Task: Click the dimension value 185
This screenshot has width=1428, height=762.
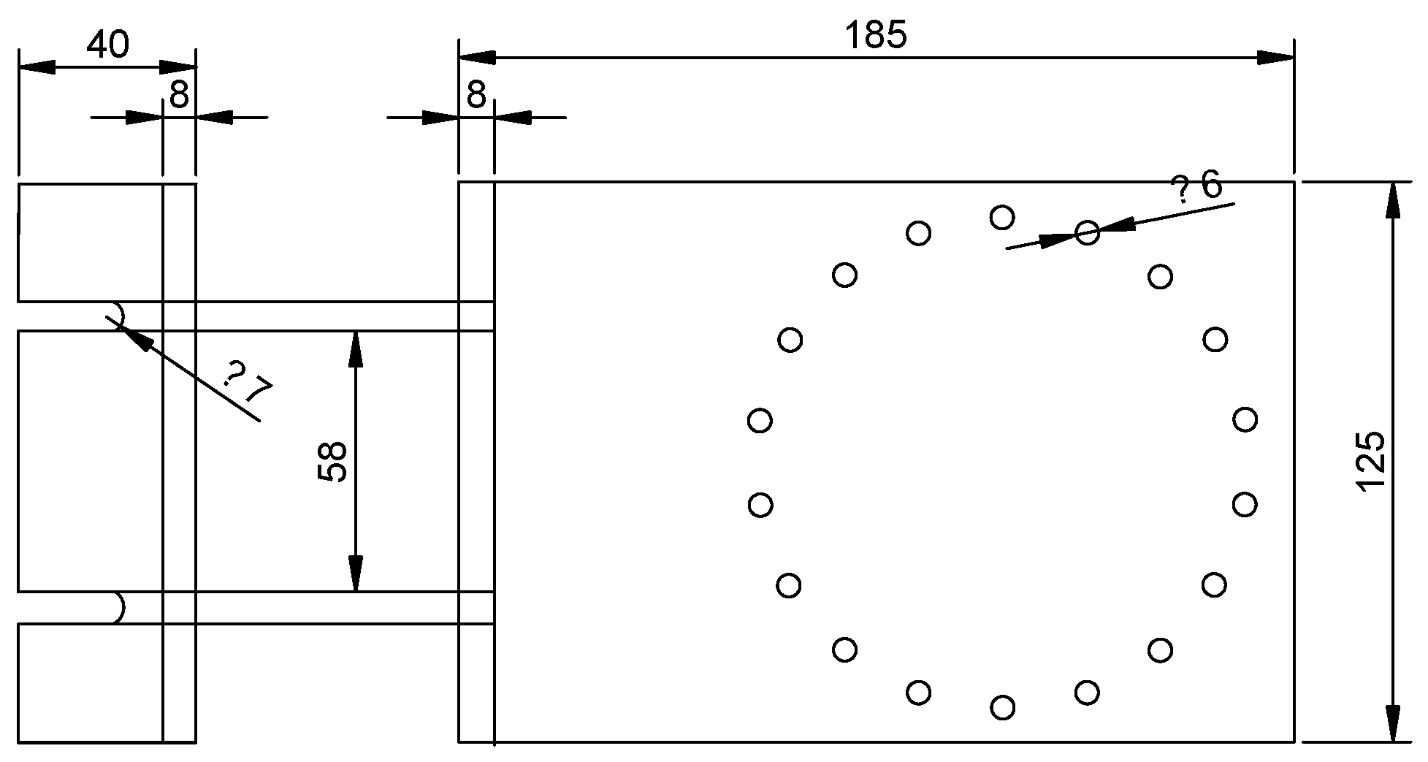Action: click(x=876, y=34)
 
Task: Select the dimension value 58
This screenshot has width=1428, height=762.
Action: click(x=332, y=461)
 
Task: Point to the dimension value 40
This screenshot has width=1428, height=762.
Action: click(x=107, y=45)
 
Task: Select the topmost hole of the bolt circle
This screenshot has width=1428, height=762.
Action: click(x=1002, y=217)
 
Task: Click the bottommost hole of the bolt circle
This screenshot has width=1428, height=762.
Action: click(x=1003, y=707)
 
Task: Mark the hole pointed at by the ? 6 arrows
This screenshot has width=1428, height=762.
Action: click(x=1087, y=233)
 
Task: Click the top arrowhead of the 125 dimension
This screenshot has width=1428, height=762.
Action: click(x=1392, y=199)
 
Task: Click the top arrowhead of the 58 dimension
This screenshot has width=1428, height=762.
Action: click(x=356, y=348)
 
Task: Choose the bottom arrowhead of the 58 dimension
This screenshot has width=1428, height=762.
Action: click(x=356, y=574)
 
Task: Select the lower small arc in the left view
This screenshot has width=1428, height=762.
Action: click(x=118, y=608)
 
